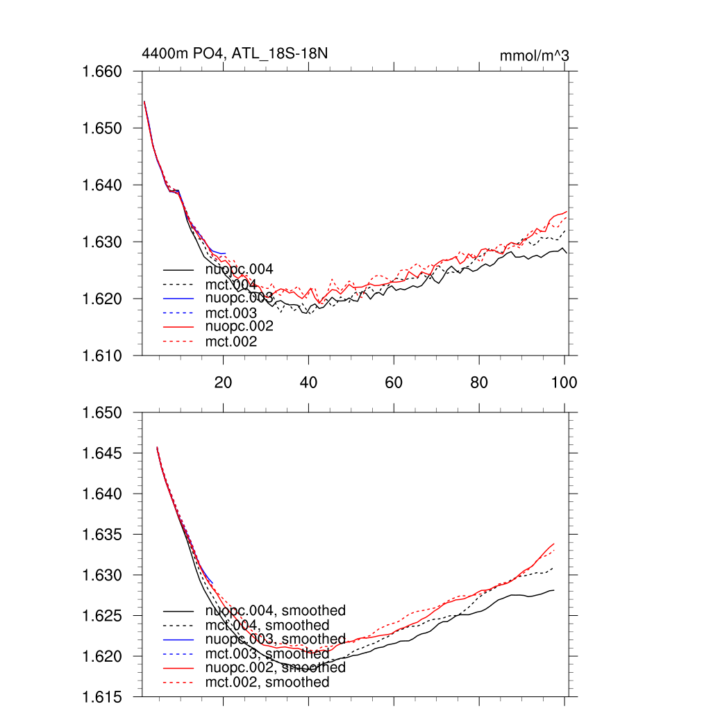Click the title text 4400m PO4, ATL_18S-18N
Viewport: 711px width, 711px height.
(x=234, y=53)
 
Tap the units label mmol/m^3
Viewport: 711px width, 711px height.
(x=534, y=56)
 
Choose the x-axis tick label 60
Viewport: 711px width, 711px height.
(x=394, y=383)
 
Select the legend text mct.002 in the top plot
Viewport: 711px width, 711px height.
(x=231, y=342)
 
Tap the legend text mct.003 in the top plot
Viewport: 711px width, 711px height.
(x=231, y=313)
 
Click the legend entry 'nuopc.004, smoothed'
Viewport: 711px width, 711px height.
(x=275, y=611)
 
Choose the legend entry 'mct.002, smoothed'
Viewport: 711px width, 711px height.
(x=267, y=683)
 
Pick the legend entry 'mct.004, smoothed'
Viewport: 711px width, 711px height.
(x=267, y=626)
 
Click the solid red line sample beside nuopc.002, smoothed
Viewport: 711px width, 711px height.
(x=178, y=668)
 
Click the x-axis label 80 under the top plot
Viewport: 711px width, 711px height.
(x=478, y=383)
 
